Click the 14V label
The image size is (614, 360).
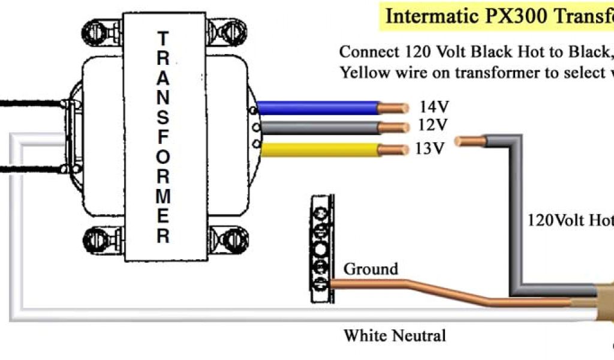[434, 107]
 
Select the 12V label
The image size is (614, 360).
[434, 125]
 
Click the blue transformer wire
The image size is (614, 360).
[318, 107]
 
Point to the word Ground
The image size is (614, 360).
[370, 269]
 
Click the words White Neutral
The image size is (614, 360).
[395, 335]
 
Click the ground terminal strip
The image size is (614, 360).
[321, 249]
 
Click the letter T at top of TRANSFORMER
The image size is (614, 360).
[162, 38]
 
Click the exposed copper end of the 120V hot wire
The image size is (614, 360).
[469, 142]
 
